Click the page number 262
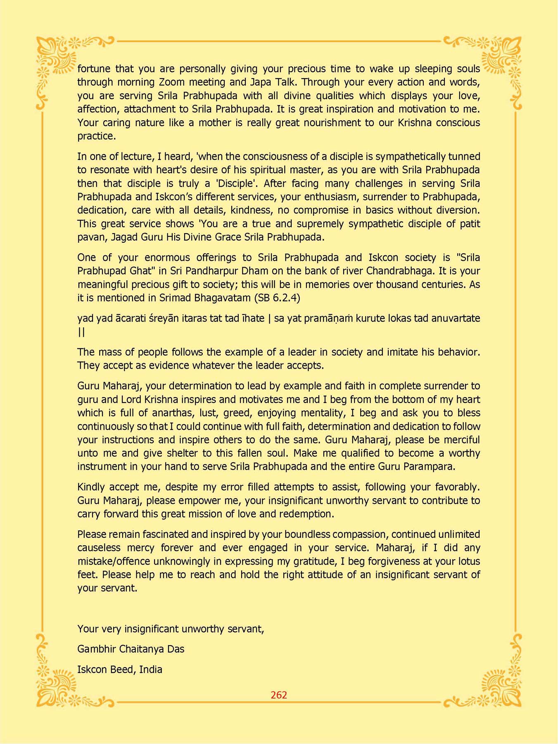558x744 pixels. pyautogui.click(x=279, y=695)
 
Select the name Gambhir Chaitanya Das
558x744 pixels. pyautogui.click(x=131, y=649)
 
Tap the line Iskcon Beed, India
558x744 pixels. pyautogui.click(x=119, y=669)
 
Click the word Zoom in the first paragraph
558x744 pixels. pyautogui.click(x=173, y=82)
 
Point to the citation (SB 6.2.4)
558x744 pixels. pyautogui.click(x=277, y=298)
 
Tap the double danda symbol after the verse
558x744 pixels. pyautogui.click(x=81, y=332)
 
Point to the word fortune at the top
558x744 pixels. pyautogui.click(x=94, y=69)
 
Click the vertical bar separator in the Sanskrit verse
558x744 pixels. pyautogui.click(x=269, y=318)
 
